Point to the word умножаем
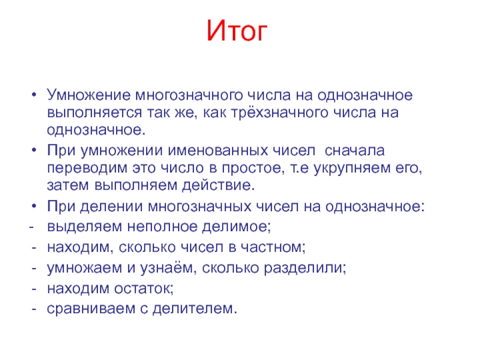[x=79, y=268]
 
